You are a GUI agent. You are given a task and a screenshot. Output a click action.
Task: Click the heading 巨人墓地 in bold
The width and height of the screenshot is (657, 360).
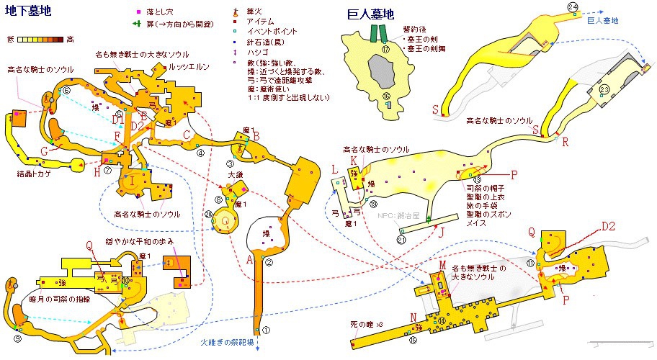[x=370, y=14]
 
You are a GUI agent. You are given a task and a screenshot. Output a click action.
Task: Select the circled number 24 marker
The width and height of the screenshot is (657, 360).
[x=573, y=7]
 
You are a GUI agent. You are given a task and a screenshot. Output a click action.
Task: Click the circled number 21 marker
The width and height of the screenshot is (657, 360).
[x=401, y=240]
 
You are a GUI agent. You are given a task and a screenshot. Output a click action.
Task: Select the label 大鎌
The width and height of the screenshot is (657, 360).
[x=235, y=174]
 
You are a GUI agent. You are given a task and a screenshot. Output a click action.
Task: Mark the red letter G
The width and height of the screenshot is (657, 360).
[x=45, y=151]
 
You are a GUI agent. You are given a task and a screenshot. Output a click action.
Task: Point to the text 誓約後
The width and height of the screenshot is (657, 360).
[x=414, y=30]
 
